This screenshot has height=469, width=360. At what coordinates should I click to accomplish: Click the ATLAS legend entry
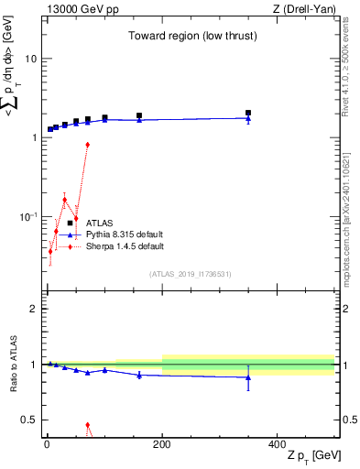click(100, 223)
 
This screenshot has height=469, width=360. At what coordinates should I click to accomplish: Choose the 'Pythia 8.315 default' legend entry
click(125, 234)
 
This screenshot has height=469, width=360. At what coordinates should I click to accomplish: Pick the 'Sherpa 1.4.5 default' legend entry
click(125, 246)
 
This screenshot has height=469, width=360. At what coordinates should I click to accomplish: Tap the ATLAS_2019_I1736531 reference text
click(190, 274)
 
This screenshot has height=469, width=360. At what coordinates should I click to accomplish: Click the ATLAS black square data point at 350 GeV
click(248, 113)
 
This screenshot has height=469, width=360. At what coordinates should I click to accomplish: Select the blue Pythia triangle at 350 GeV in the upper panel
click(248, 118)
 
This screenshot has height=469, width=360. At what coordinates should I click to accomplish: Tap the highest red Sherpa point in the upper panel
click(88, 145)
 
